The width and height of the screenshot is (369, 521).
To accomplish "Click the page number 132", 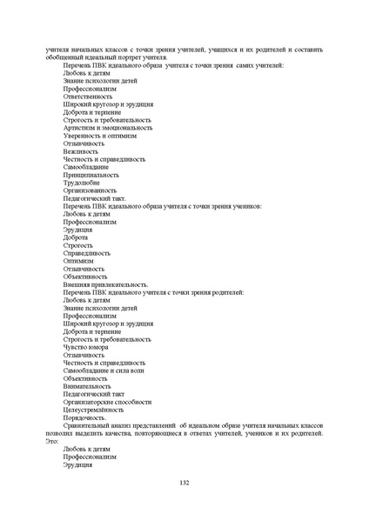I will pos(184,483).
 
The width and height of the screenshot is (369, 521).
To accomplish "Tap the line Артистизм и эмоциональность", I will pos(107,127).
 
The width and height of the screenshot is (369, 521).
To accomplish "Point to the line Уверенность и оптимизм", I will pos(100,135).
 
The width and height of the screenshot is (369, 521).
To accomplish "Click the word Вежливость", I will pos(82,150).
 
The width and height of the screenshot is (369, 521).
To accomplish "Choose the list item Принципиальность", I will pos(91,174).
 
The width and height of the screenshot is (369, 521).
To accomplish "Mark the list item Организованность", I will pos(90,190).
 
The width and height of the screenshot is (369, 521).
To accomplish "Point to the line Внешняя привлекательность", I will pos(105,284).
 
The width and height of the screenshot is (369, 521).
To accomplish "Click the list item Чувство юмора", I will pos(86,347).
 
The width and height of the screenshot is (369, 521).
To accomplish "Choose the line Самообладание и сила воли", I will pos(104,371).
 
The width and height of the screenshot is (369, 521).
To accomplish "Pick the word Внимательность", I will pos(88,386).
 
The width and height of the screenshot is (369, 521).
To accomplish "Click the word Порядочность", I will pos(86,417).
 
